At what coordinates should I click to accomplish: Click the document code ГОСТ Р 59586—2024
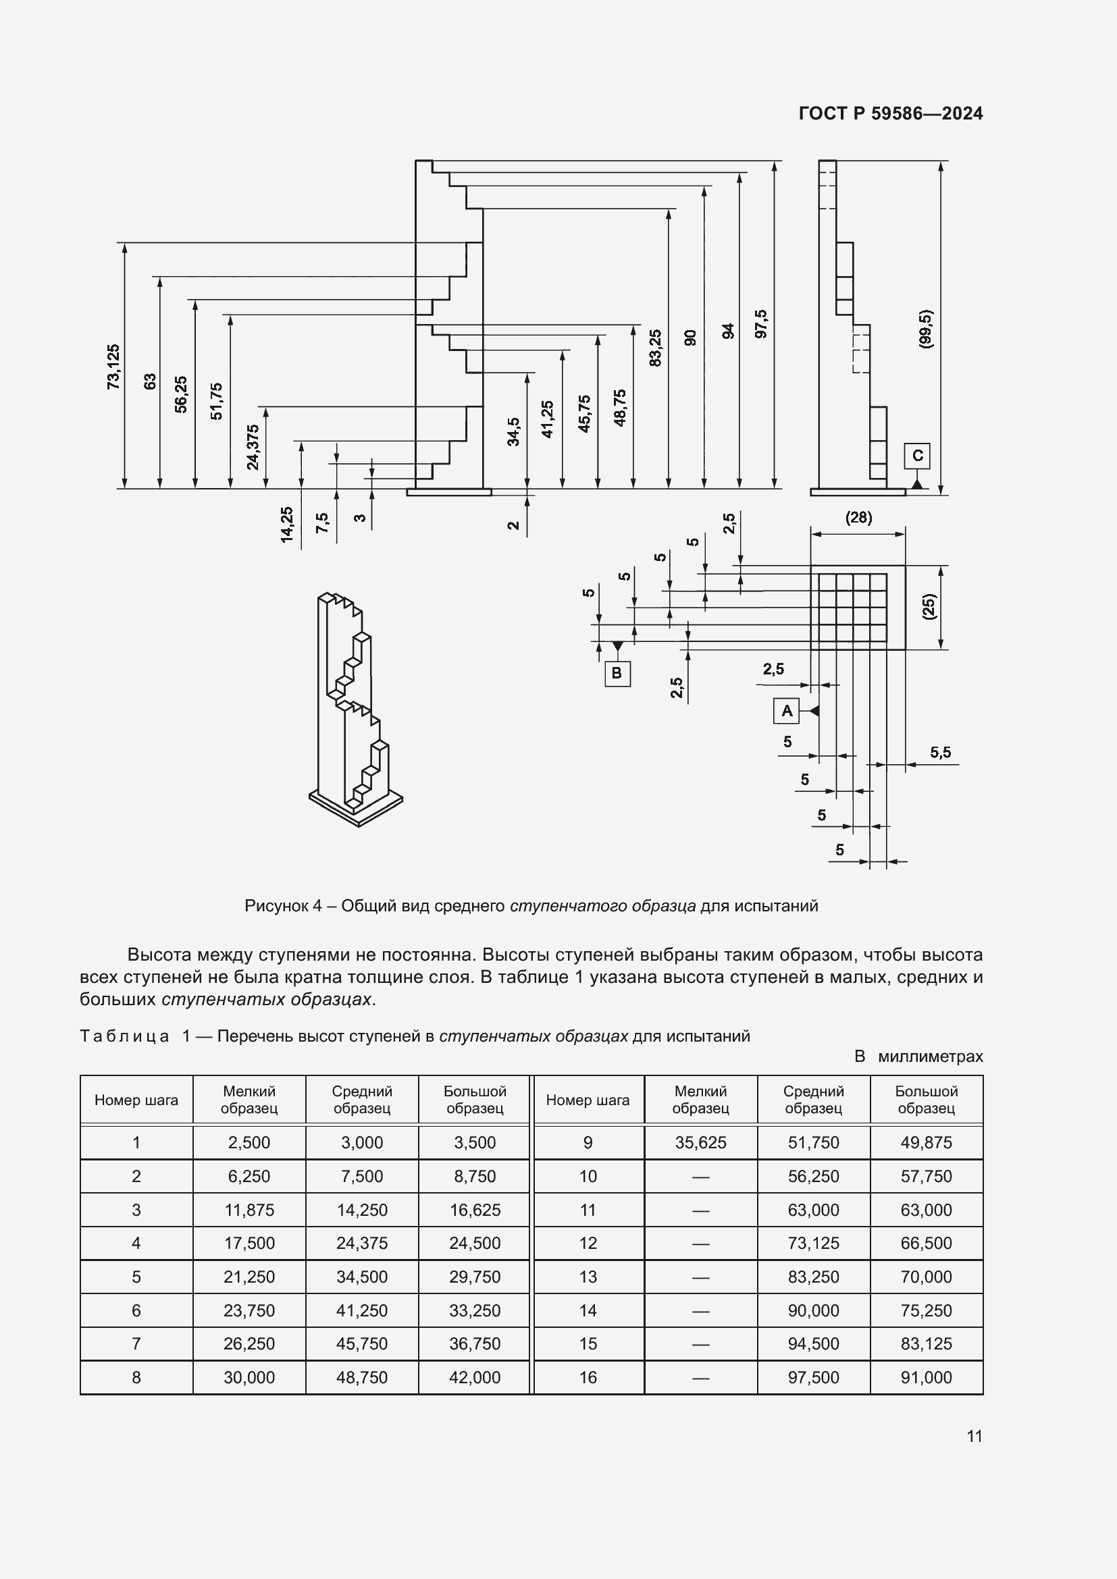click(890, 113)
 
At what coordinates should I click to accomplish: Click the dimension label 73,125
click(113, 367)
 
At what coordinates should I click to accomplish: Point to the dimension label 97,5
click(760, 324)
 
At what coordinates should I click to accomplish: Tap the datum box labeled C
click(917, 456)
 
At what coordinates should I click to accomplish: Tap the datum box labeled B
click(617, 672)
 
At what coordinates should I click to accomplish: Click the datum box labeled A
click(786, 710)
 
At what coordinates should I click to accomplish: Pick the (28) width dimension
click(858, 518)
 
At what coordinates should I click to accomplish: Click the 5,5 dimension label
click(940, 752)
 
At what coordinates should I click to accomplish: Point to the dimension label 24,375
click(253, 448)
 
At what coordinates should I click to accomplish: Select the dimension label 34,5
click(514, 432)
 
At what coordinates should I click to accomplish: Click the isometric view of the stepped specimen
click(355, 708)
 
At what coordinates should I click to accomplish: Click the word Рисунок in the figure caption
click(276, 906)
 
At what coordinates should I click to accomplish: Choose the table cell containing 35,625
click(700, 1142)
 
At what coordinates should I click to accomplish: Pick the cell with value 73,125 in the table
click(813, 1243)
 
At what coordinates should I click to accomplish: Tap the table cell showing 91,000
click(926, 1378)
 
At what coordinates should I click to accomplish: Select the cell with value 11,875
click(249, 1210)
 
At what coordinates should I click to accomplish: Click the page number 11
click(974, 1436)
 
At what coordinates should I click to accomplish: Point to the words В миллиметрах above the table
click(918, 1056)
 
